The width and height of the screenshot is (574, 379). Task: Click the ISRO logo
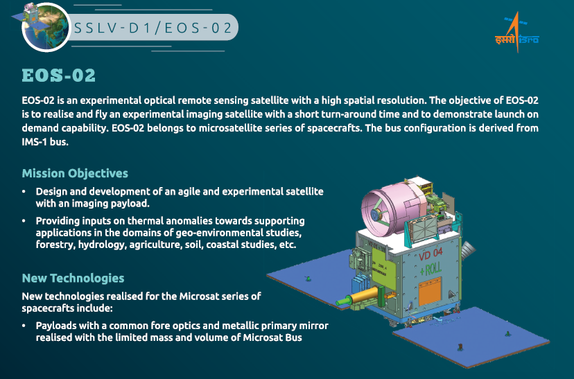pos(517,33)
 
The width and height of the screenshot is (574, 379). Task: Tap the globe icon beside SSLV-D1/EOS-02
pos(46,28)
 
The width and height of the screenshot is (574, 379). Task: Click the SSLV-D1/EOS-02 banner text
pos(153,28)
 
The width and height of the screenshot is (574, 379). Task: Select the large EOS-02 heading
pos(58,76)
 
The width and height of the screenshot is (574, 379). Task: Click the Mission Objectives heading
pos(75,173)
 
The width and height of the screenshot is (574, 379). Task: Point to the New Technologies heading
pos(73,278)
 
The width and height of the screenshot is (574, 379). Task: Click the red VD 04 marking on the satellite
pos(430,254)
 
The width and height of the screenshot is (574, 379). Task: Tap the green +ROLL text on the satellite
pos(430,270)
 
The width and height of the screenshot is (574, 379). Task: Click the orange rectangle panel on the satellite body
pos(430,291)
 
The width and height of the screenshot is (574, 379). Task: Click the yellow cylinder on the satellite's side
pos(365,295)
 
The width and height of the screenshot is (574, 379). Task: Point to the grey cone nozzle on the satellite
pos(468,250)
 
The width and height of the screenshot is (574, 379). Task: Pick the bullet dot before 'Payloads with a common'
pos(24,326)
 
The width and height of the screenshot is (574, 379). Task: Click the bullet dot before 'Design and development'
pos(24,191)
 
